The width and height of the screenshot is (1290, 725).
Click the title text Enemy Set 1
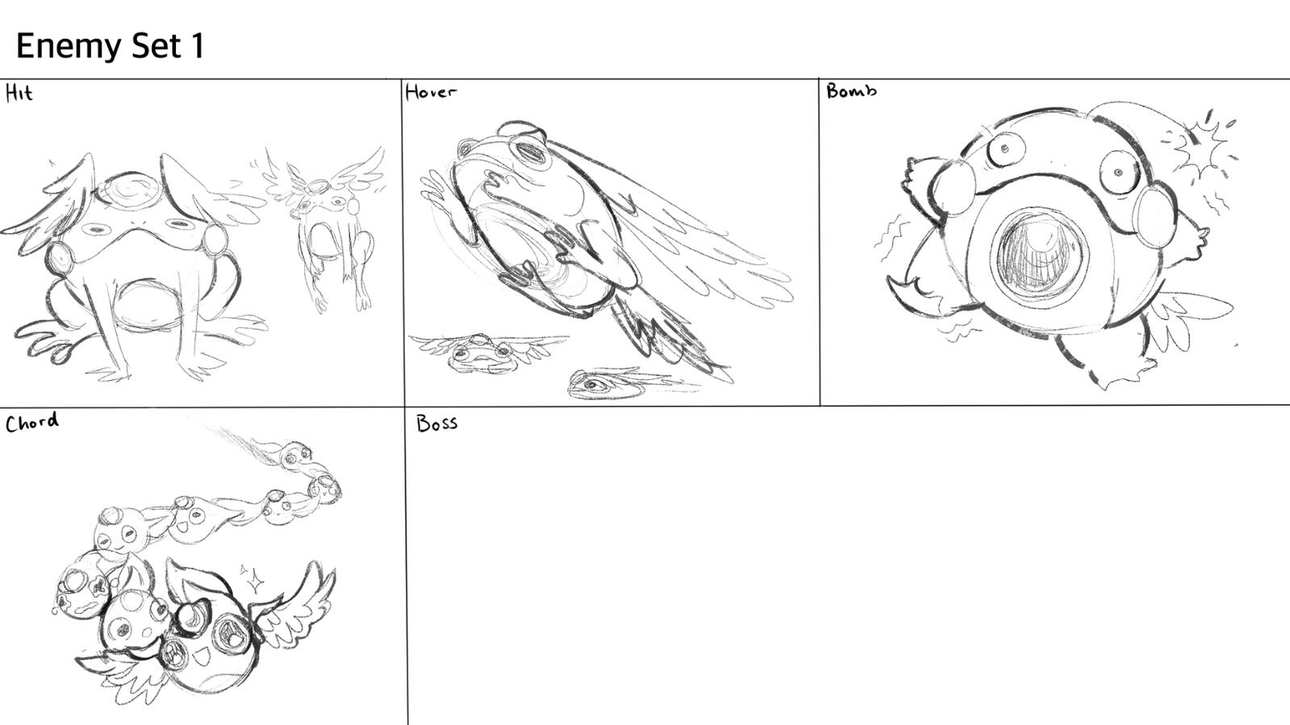pyautogui.click(x=110, y=46)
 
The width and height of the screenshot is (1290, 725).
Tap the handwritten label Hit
pyautogui.click(x=19, y=94)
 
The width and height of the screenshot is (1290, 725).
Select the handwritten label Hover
pyautogui.click(x=430, y=92)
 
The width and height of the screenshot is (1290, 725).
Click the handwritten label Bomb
pyautogui.click(x=850, y=90)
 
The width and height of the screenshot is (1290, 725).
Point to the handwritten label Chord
pyautogui.click(x=31, y=422)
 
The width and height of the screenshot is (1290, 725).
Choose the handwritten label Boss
pyautogui.click(x=436, y=423)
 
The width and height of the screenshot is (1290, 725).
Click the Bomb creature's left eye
pyautogui.click(x=1004, y=149)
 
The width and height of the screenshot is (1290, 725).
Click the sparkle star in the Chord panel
pyautogui.click(x=255, y=577)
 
